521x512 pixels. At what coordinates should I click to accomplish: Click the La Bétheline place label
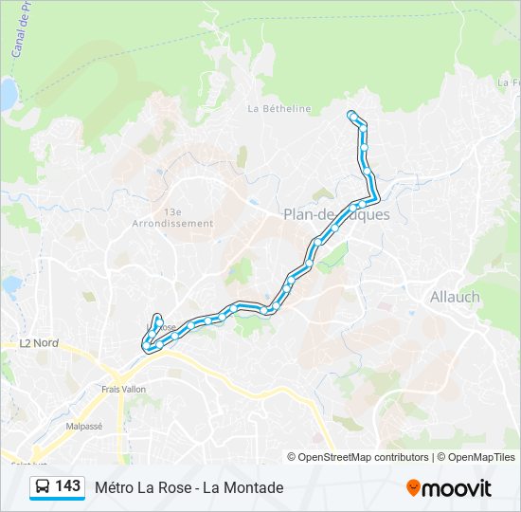278,108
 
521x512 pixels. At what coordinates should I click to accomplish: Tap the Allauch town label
455,297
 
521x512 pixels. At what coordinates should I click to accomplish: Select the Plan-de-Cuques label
335,214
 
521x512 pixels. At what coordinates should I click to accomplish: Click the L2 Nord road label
39,342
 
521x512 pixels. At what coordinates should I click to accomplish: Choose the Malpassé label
83,427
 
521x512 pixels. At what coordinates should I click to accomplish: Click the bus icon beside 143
43,486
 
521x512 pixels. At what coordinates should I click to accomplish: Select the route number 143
67,486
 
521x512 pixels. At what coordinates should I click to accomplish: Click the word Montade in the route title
257,487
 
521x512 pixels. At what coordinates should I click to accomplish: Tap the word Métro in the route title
116,487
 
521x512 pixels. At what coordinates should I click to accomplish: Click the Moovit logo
449,488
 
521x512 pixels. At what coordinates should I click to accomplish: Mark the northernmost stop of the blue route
352,116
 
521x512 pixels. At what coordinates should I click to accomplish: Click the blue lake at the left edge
6,94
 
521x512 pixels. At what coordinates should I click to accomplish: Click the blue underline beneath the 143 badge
57,499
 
